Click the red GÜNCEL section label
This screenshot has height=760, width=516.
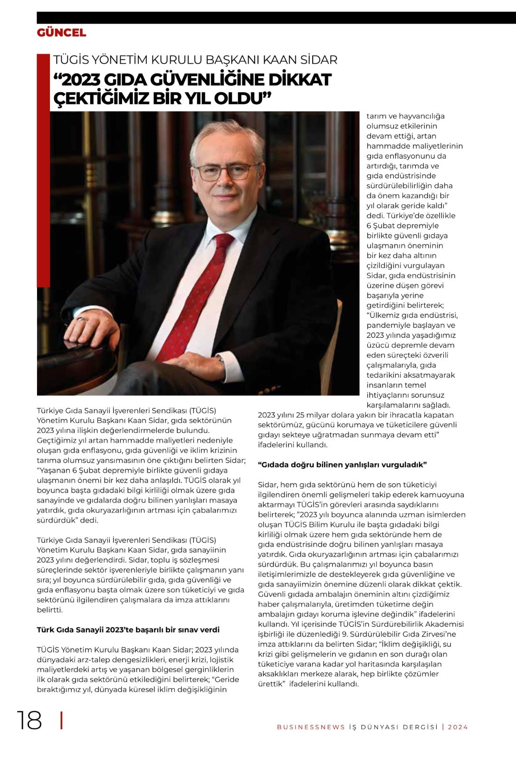pos(61,33)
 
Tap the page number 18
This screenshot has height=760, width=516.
pos(29,721)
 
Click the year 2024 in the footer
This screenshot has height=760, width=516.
pos(458,727)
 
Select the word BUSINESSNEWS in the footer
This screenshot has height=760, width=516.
pos(311,727)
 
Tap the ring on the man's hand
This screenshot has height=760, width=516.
pos(80,319)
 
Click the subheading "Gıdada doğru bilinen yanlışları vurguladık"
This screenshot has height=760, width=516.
pos(342,465)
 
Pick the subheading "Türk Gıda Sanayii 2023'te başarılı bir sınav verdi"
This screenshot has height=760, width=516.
pos(128,630)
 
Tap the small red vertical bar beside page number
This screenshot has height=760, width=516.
pos(62,721)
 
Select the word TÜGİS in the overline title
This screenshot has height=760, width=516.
pos(71,60)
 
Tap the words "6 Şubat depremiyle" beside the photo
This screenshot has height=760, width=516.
pos(402,226)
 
